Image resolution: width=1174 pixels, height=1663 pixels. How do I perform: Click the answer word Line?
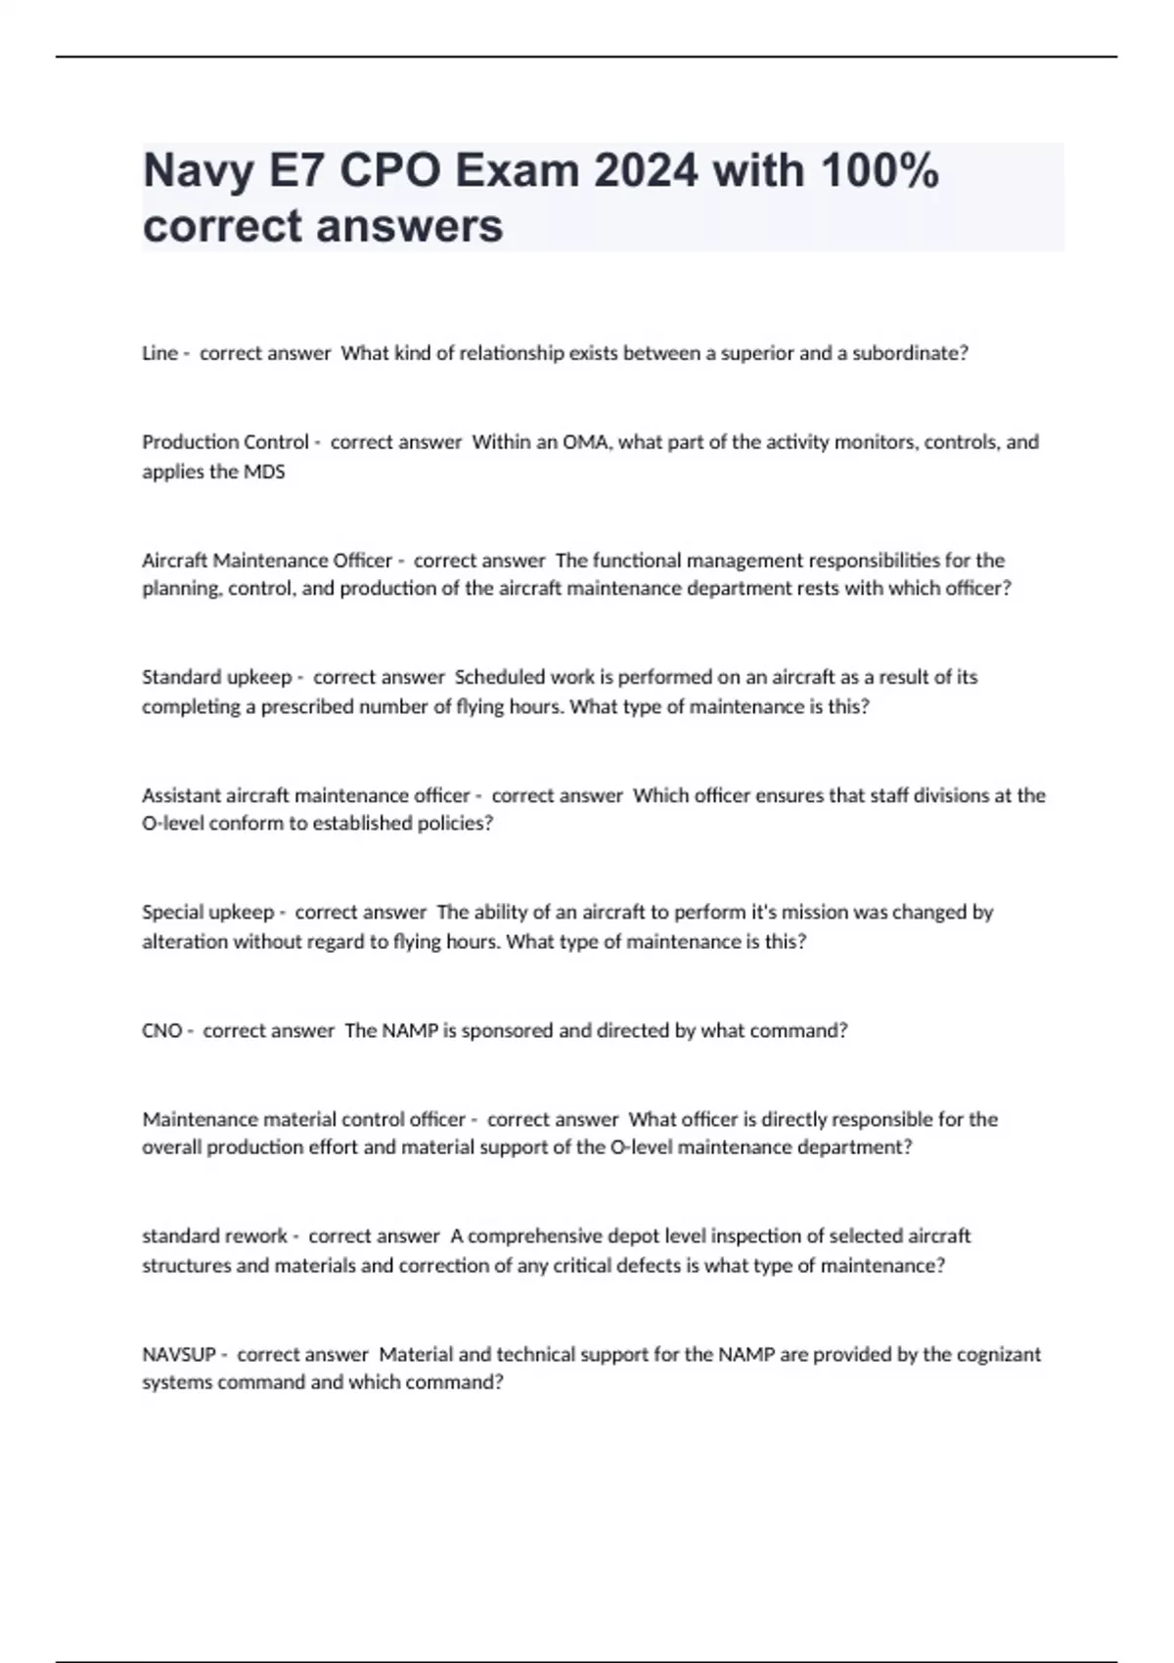pos(159,353)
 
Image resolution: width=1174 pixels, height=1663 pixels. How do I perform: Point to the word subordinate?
pos(908,353)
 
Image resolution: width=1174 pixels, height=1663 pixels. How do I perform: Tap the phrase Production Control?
pos(225,442)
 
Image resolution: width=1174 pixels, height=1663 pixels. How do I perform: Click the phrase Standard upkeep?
pos(217,677)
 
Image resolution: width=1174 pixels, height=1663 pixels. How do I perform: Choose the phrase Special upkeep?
pos(207,913)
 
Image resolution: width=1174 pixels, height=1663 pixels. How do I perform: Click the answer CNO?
pos(161,1030)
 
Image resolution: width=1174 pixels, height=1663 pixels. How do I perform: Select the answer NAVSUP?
pos(179,1355)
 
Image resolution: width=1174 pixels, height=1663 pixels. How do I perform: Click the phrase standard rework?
pos(214,1236)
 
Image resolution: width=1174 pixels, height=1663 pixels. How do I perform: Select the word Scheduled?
pos(499,677)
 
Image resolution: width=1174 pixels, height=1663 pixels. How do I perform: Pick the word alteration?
pos(185,942)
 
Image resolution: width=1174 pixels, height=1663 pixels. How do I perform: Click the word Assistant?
pos(181,795)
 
